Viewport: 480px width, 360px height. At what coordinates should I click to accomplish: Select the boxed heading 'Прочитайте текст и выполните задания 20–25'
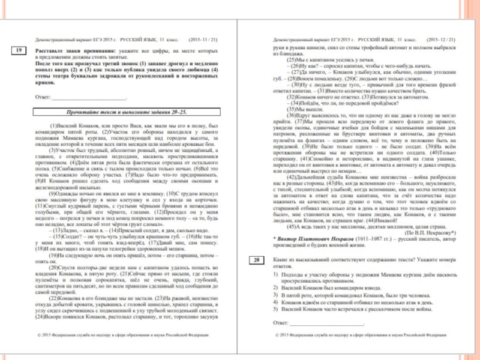click(x=126, y=112)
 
